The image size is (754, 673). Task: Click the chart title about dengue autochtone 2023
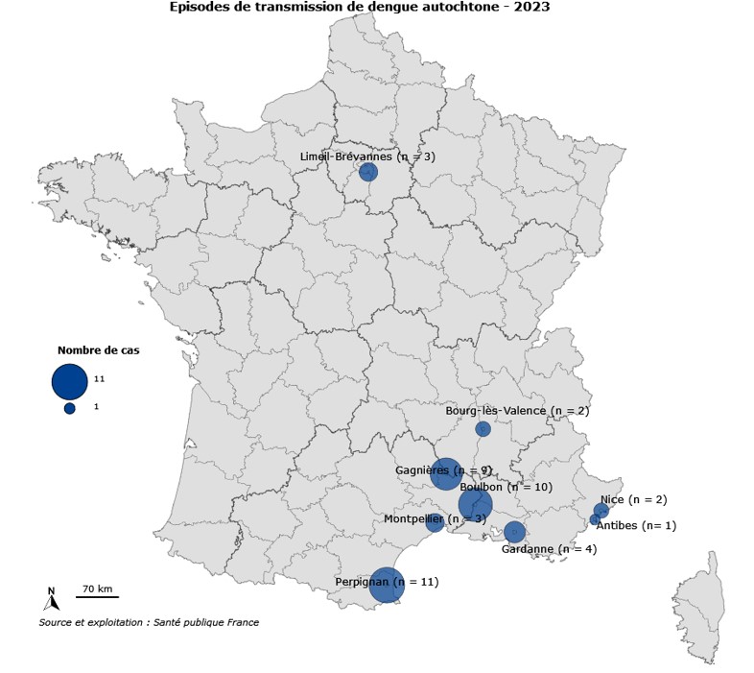click(360, 7)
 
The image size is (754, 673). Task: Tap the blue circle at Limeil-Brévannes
click(367, 172)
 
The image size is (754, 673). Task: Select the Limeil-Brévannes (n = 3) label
click(367, 156)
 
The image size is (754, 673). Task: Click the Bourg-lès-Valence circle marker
click(483, 428)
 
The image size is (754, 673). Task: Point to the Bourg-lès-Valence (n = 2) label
click(517, 410)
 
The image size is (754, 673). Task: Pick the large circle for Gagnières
click(446, 473)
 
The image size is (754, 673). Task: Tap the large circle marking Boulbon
click(475, 504)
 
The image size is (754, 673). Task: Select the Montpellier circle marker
click(435, 523)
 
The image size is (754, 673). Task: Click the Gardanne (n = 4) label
click(549, 549)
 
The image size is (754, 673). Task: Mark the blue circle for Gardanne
click(514, 532)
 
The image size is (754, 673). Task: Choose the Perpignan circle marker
click(387, 585)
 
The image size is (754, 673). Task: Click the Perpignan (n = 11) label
click(387, 581)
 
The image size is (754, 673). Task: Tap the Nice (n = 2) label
click(633, 499)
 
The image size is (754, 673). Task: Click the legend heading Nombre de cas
click(98, 350)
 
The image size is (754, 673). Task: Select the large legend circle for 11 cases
click(70, 381)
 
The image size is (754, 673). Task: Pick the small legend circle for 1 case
click(70, 408)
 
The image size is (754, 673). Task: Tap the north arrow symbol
click(52, 600)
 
